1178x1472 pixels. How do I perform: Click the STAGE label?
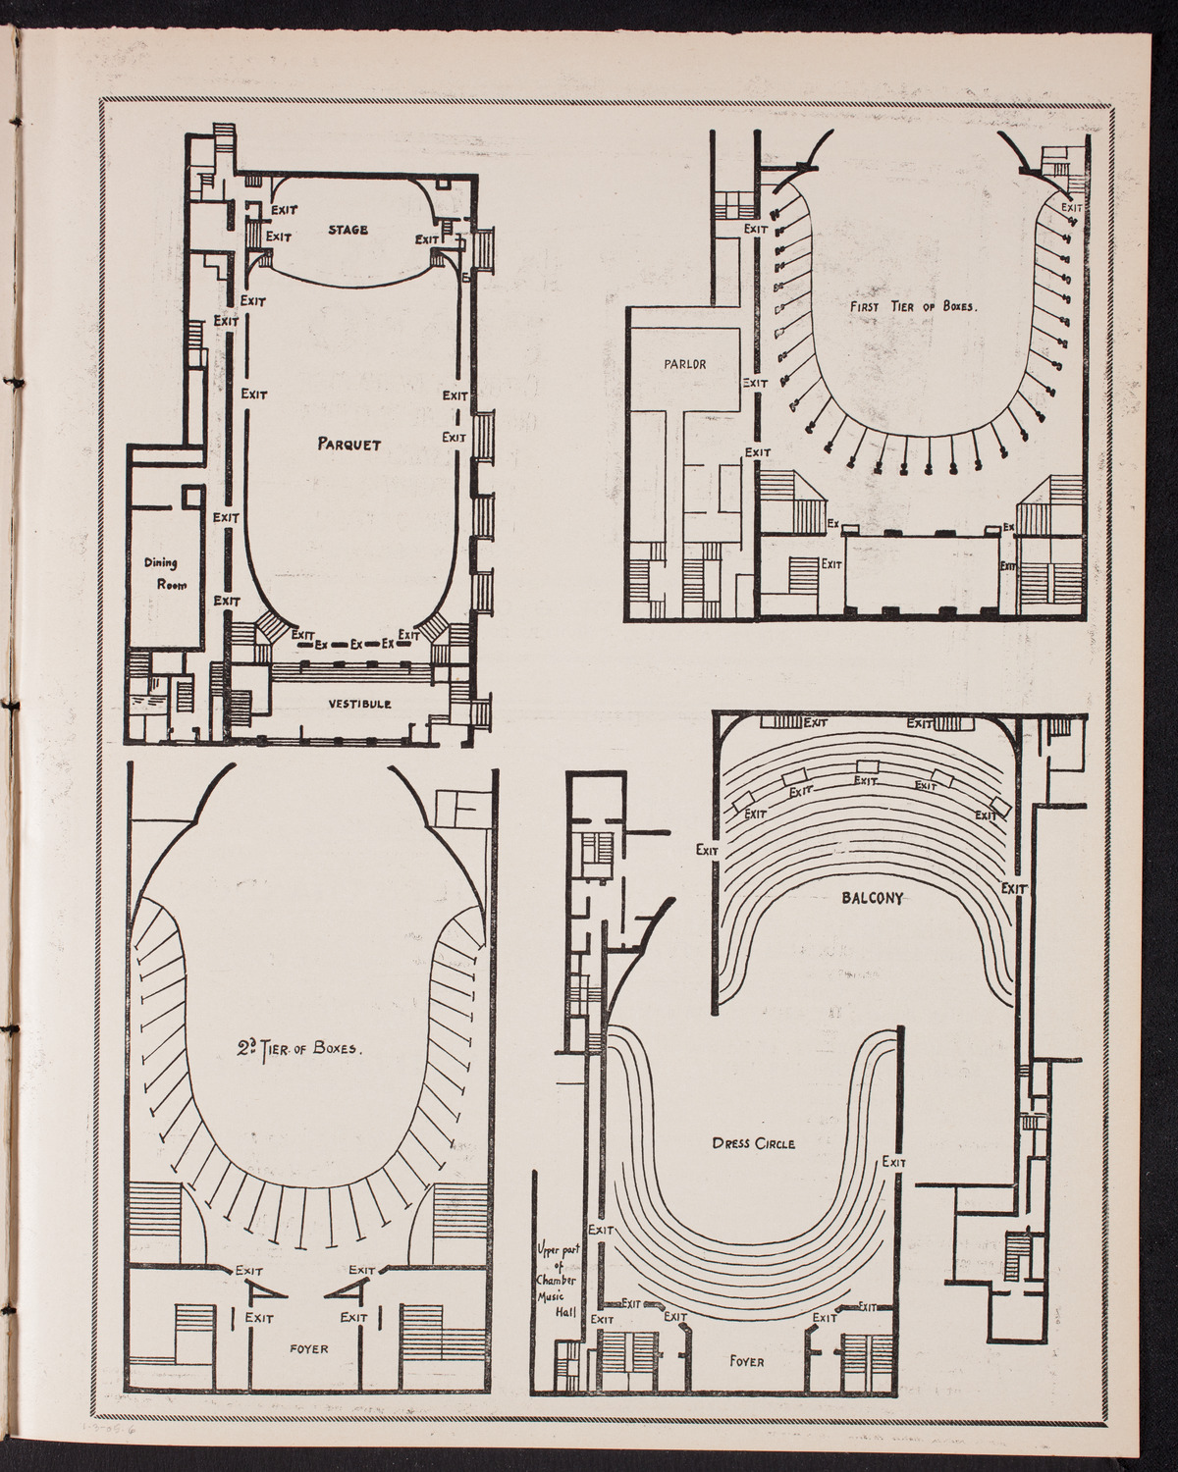[348, 231]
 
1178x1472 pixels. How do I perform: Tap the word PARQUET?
[348, 444]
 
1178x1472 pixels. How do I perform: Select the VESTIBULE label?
[360, 704]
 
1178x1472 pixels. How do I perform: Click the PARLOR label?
[684, 363]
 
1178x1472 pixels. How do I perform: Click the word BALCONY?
[871, 895]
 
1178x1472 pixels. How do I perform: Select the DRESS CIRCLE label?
[753, 1143]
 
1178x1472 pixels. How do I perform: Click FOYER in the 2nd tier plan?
[307, 1349]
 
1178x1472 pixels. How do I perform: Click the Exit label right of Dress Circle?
[893, 1162]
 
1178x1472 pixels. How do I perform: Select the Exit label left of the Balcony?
[708, 850]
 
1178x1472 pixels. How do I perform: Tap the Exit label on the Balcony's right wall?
[1014, 887]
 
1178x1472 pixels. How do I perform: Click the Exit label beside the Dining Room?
[227, 517]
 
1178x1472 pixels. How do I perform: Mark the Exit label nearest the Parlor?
[755, 383]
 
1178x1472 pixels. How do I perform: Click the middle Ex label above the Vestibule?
[356, 645]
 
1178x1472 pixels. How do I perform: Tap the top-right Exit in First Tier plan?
[1072, 207]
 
